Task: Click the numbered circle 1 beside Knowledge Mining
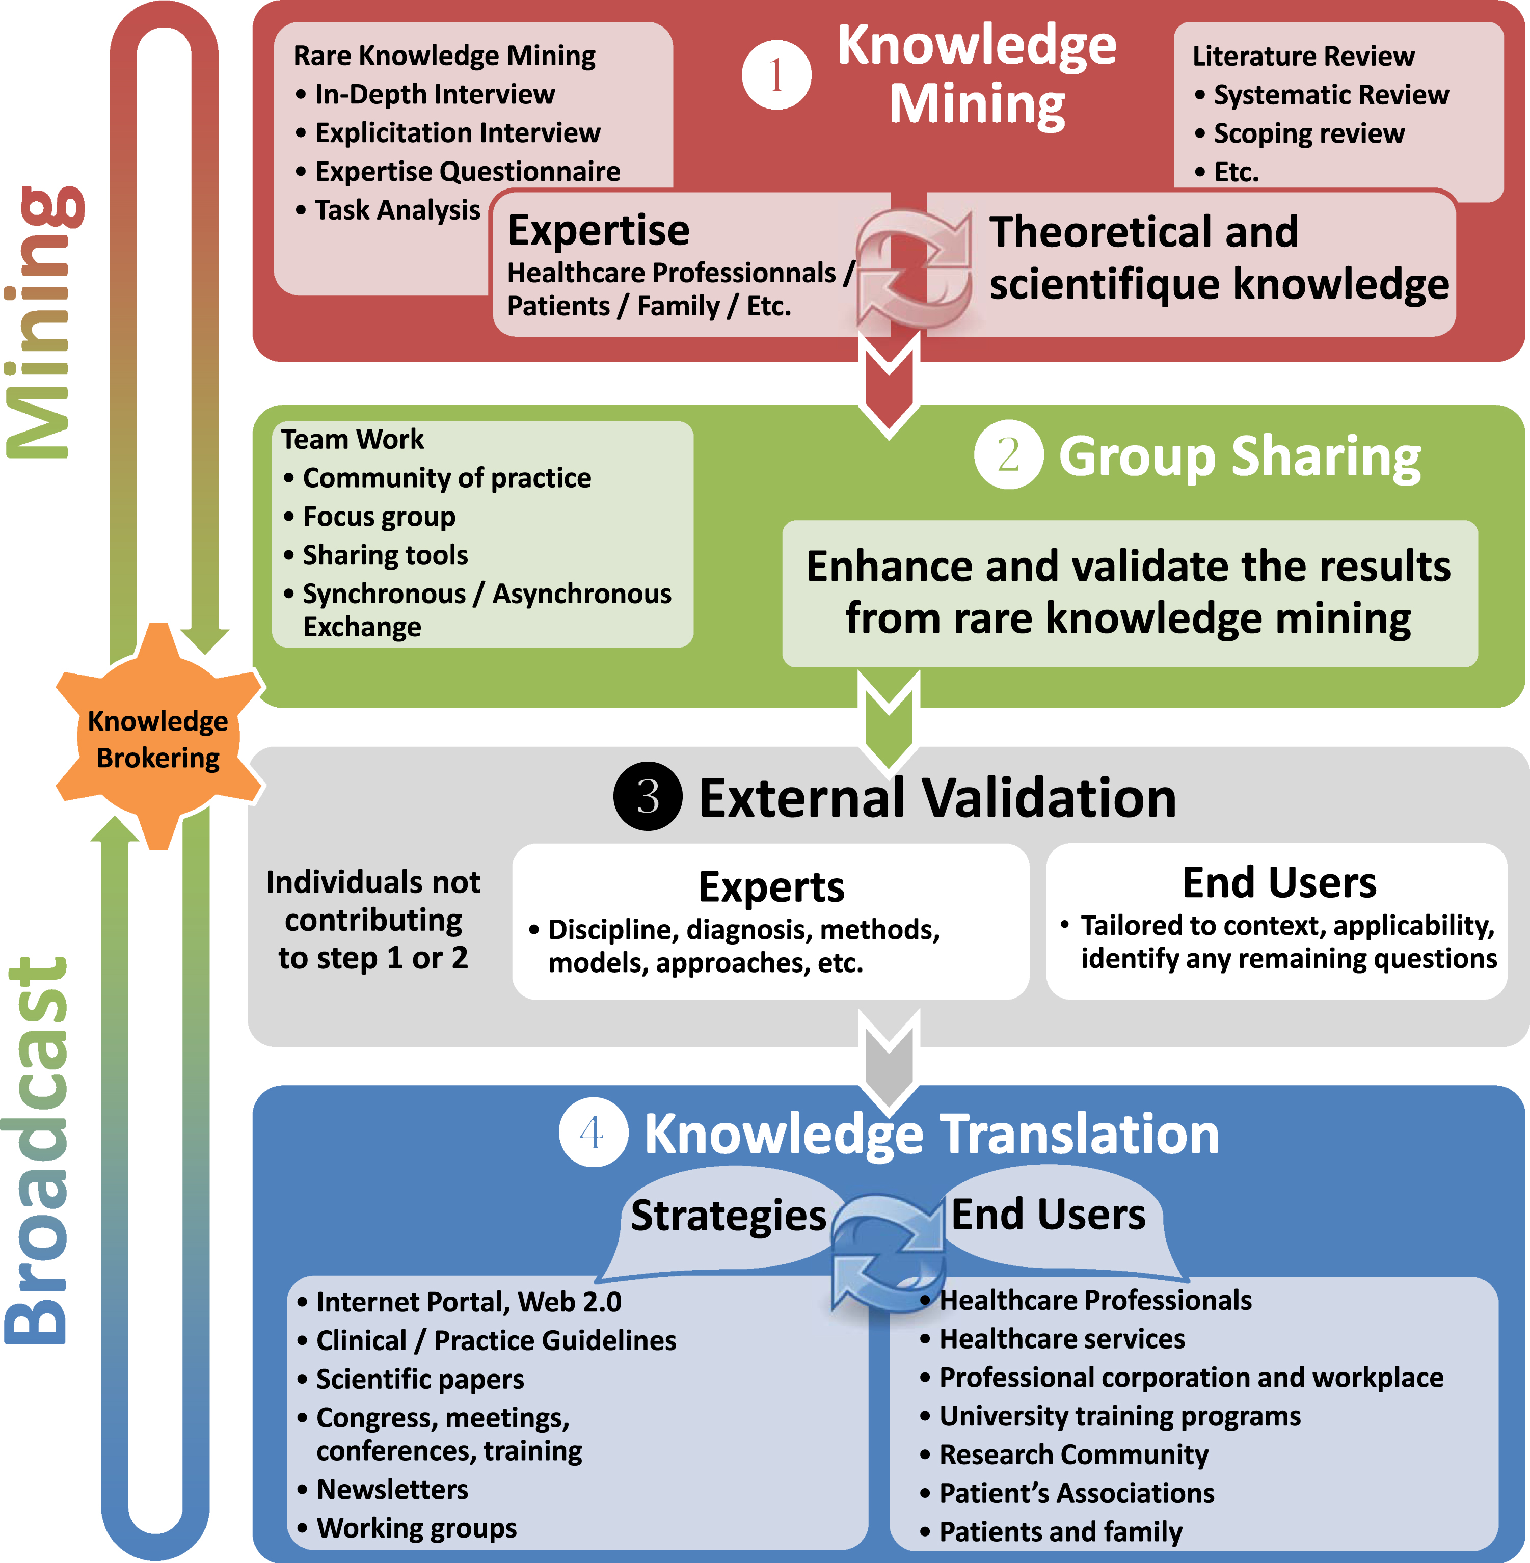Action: coord(776,75)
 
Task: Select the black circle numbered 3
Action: coord(648,796)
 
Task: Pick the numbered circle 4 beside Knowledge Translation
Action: coord(593,1133)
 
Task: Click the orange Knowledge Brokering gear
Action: coord(158,737)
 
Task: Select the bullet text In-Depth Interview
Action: coord(434,94)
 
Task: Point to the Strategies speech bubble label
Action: coord(728,1214)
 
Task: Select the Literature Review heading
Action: coord(1303,56)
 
